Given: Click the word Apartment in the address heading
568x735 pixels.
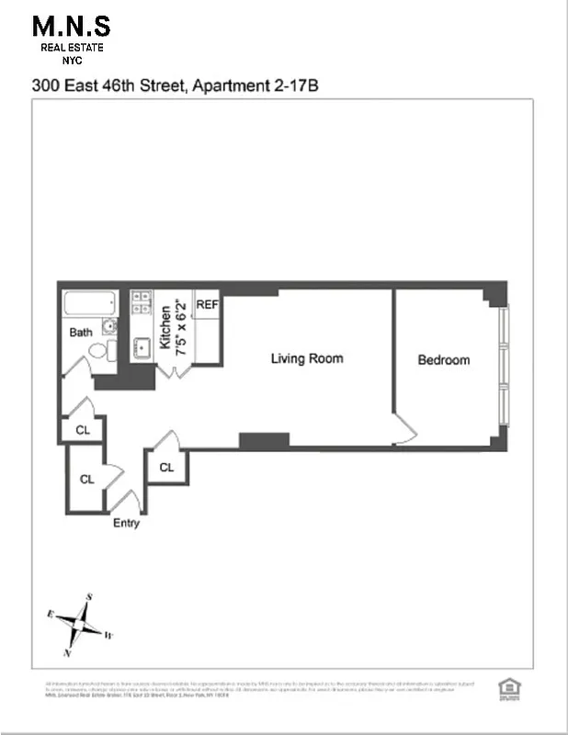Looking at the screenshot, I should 224,86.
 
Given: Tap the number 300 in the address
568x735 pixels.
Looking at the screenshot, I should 45,86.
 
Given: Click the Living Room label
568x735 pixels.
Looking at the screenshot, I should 306,358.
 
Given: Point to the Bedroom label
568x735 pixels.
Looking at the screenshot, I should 443,360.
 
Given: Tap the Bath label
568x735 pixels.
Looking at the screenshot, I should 81,333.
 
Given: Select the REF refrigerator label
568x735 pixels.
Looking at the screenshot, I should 207,304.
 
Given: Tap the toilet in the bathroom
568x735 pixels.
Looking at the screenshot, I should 109,349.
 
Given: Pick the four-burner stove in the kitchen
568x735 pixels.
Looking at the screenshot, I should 142,304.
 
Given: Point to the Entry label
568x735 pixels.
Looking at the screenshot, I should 126,523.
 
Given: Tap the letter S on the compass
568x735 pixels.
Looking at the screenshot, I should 89,596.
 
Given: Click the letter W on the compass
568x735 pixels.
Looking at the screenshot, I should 108,635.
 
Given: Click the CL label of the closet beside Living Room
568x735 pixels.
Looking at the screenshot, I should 166,468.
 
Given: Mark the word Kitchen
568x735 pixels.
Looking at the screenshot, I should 165,328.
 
